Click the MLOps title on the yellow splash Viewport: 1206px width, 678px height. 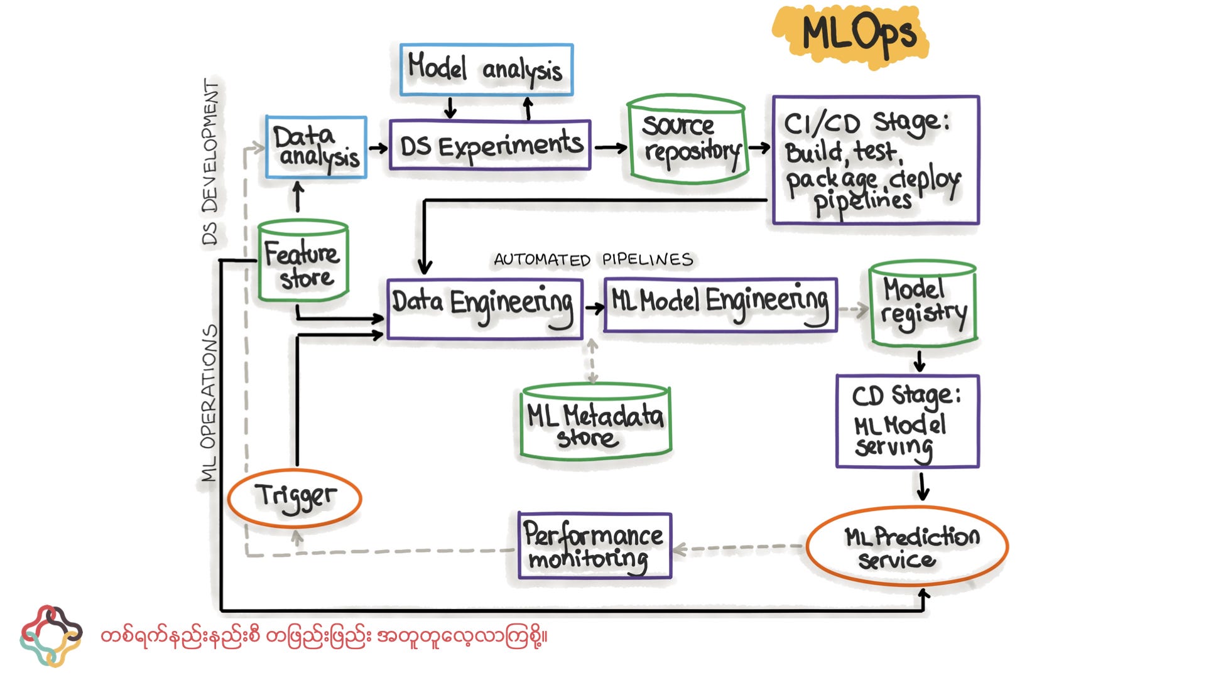pos(857,35)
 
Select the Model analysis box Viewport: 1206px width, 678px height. pos(486,70)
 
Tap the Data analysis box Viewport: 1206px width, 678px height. pos(316,148)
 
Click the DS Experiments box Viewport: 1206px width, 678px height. pos(490,146)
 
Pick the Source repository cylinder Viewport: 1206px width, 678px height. pos(688,141)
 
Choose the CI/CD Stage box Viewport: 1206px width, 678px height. pos(875,160)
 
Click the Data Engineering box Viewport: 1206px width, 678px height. pos(484,309)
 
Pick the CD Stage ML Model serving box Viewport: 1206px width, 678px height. pos(907,421)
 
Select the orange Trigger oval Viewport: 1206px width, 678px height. pos(295,498)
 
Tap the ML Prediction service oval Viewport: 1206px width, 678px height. pos(906,546)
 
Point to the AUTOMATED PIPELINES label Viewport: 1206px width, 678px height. pos(593,259)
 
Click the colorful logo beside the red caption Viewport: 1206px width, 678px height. pos(51,636)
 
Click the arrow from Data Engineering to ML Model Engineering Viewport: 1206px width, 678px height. pos(594,308)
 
